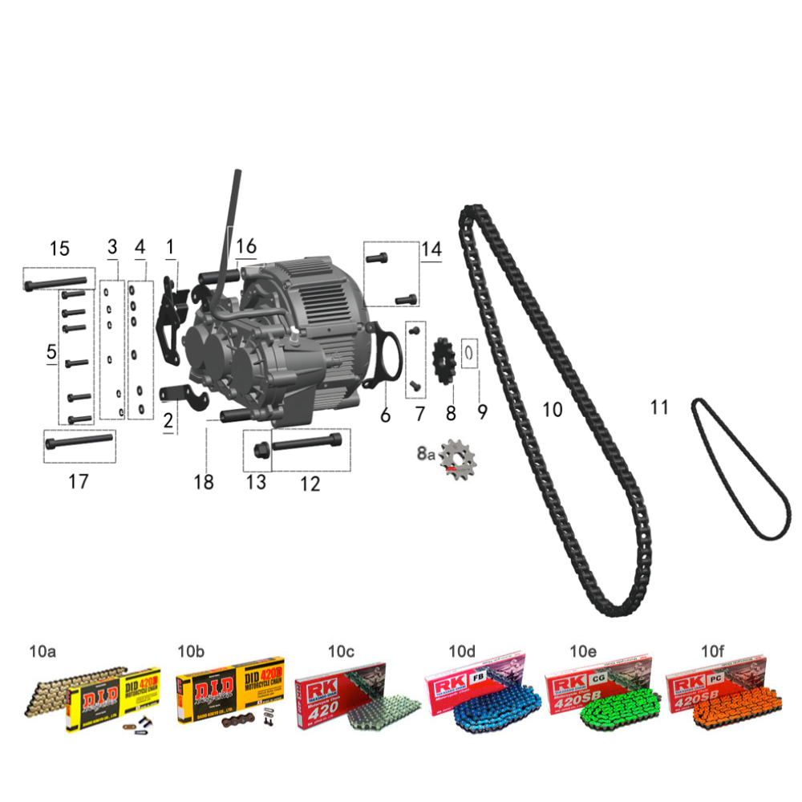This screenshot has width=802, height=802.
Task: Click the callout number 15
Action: tap(59, 249)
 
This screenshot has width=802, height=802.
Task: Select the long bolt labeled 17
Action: tap(79, 443)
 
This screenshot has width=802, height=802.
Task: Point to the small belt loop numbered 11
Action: tap(738, 469)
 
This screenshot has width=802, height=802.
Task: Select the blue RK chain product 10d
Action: tap(478, 696)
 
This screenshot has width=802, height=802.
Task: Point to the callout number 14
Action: tap(431, 249)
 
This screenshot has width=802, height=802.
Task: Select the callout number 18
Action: tap(204, 481)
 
